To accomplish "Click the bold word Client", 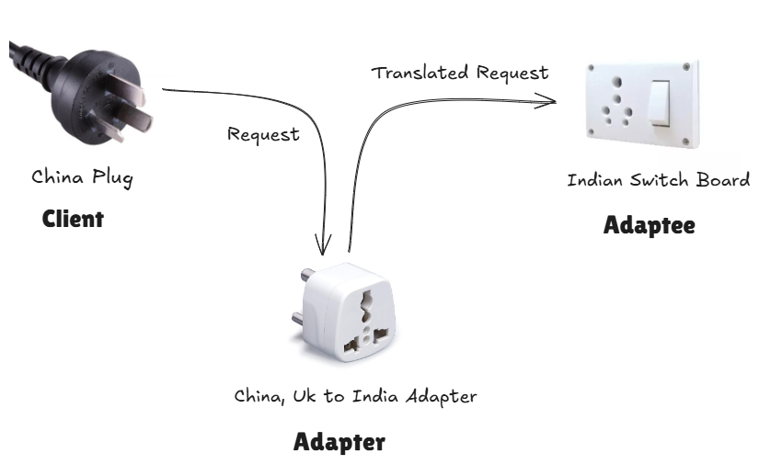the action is (73, 219).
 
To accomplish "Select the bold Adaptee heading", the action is (649, 225).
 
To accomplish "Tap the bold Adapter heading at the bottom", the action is (339, 442).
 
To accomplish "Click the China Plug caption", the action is (82, 177).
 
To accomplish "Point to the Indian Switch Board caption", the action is (659, 179).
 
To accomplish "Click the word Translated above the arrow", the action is (420, 73).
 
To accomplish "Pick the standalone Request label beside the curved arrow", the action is (263, 134).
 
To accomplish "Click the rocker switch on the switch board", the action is (659, 103).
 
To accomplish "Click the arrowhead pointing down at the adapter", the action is (323, 245).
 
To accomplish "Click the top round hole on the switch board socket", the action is (617, 82).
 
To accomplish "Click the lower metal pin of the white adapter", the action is (298, 317).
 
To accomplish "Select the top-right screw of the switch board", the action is (686, 66).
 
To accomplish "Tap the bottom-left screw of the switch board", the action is (591, 132).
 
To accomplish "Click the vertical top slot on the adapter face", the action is (366, 307).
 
